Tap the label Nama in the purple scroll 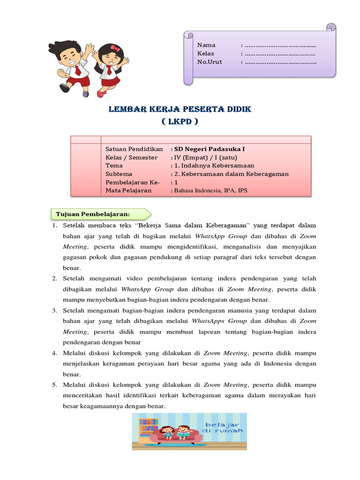[206, 45]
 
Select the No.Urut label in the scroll [210, 62]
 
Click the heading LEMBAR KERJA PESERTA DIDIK [180, 109]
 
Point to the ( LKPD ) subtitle [180, 121]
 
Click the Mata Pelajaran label [128, 191]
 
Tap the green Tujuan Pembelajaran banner [99, 214]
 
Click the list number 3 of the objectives [54, 310]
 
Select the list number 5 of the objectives [54, 385]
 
